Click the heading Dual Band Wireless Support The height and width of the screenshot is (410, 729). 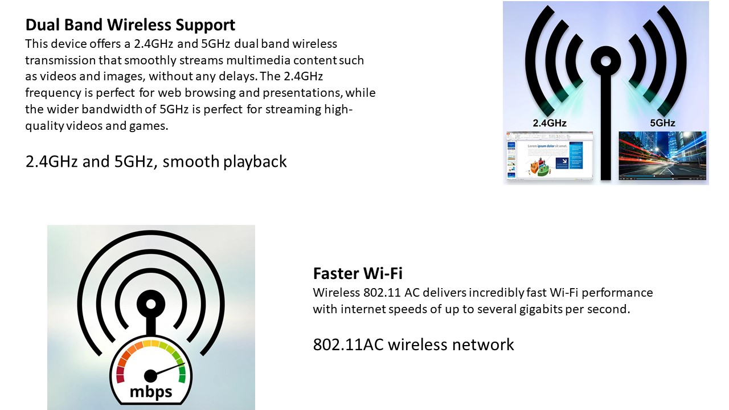[130, 25]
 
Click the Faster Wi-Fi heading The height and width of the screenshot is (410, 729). [358, 273]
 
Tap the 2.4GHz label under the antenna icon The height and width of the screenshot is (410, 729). [550, 123]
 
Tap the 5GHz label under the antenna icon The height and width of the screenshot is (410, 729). [662, 123]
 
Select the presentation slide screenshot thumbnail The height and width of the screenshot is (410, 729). [550, 155]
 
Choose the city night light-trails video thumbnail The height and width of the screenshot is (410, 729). [662, 155]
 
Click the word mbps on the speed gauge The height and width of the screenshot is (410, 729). [151, 391]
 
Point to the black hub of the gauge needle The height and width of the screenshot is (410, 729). [150, 376]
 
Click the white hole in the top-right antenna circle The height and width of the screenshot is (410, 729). [605, 61]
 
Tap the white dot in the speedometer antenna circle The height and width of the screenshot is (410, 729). [151, 304]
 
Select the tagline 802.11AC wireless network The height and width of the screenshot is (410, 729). [413, 345]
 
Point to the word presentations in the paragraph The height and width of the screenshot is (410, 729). [302, 93]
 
